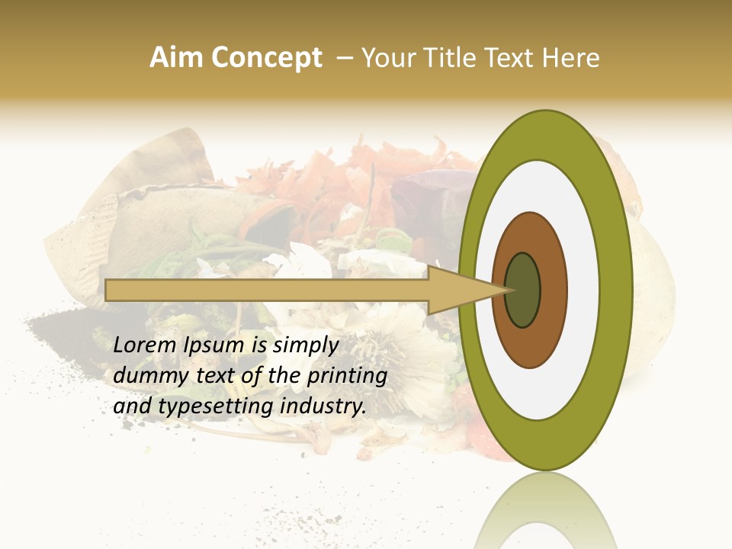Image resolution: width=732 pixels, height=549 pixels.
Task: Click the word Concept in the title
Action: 267,58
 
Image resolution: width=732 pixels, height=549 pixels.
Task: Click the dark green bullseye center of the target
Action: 522,290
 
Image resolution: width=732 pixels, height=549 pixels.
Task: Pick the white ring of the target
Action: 587,290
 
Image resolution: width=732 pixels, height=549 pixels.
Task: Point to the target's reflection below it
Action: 545,515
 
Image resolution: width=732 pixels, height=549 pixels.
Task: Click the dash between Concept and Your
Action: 345,58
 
